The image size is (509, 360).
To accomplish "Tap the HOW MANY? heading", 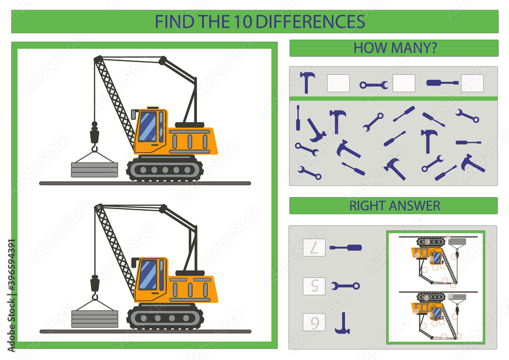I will pos(393,48).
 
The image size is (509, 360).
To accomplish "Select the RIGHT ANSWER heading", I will pos(394,206).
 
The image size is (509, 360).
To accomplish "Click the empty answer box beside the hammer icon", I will pos(338,83).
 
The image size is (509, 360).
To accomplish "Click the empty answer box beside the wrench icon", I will pos(404,83).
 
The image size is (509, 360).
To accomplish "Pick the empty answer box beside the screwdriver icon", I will pos(472,83).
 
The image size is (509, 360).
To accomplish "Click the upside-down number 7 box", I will pos(314,247).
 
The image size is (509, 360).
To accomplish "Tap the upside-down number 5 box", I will pos(314,286).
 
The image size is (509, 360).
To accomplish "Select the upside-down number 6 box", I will pos(314,322).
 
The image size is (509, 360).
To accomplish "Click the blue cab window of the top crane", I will pos(148,126).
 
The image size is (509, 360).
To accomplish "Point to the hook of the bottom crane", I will pos(94,296).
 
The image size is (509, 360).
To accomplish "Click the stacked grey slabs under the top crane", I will pos(94,170).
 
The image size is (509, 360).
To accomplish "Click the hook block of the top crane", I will pos(94,136).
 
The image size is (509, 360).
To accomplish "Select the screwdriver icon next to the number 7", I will pos(346,247).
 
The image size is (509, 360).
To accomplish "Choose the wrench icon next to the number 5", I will pos(346,286).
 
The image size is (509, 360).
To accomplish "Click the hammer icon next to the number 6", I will pos(342,323).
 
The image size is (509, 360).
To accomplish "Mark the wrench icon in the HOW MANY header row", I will pos(374,85).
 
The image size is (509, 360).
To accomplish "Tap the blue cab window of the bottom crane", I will pos(148,274).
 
